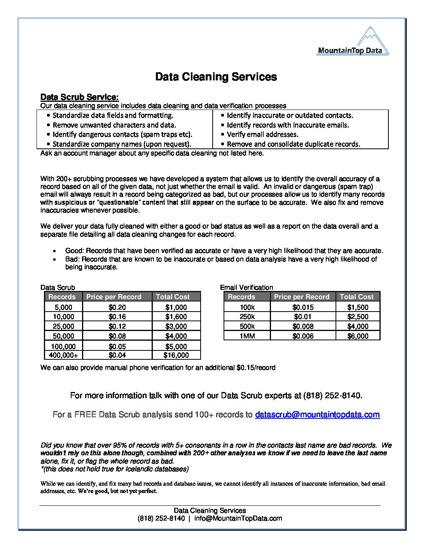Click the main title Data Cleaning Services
(x=216, y=77)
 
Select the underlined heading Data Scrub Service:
(x=79, y=97)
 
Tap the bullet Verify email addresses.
(x=262, y=134)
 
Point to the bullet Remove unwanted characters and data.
(x=114, y=125)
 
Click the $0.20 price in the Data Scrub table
(x=117, y=307)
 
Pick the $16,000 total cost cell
(x=176, y=355)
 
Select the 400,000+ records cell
(x=63, y=355)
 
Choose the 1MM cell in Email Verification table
(x=247, y=336)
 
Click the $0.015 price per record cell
(x=303, y=307)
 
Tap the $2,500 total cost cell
(x=358, y=317)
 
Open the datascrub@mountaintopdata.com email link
(x=317, y=415)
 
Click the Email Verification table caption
(x=246, y=287)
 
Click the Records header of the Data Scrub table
(x=62, y=297)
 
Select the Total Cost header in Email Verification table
(x=357, y=297)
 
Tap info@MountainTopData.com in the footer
(x=238, y=518)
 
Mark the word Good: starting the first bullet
(x=74, y=251)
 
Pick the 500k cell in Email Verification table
(x=247, y=326)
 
